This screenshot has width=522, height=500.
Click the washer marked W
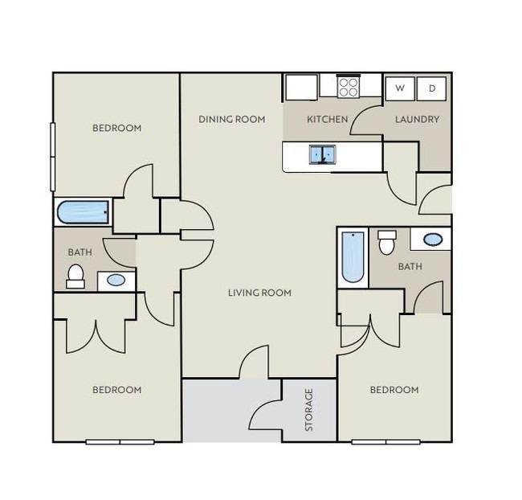tap(400, 88)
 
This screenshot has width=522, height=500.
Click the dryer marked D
tap(431, 88)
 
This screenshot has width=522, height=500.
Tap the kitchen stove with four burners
tap(349, 87)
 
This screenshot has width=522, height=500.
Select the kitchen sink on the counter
tap(322, 154)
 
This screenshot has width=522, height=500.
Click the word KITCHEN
tap(327, 119)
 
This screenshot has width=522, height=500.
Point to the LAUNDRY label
tap(417, 119)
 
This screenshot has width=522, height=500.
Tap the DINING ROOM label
tap(232, 119)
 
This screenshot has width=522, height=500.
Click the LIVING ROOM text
tap(259, 293)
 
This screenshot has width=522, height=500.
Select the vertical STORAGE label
tap(309, 410)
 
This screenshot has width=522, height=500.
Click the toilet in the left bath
tap(75, 277)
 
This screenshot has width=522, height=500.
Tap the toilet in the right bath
tap(387, 242)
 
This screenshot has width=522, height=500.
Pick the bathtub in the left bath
tap(83, 212)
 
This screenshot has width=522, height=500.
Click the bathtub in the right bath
tap(353, 257)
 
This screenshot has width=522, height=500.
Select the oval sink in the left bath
tap(116, 280)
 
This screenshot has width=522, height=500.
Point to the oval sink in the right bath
tap(433, 239)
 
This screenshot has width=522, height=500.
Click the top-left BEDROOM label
tap(117, 128)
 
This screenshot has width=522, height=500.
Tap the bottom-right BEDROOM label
tap(394, 390)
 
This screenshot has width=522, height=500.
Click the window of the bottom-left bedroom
tap(120, 442)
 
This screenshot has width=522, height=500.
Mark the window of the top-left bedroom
tap(52, 157)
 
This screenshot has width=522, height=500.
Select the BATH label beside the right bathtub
tap(410, 267)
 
